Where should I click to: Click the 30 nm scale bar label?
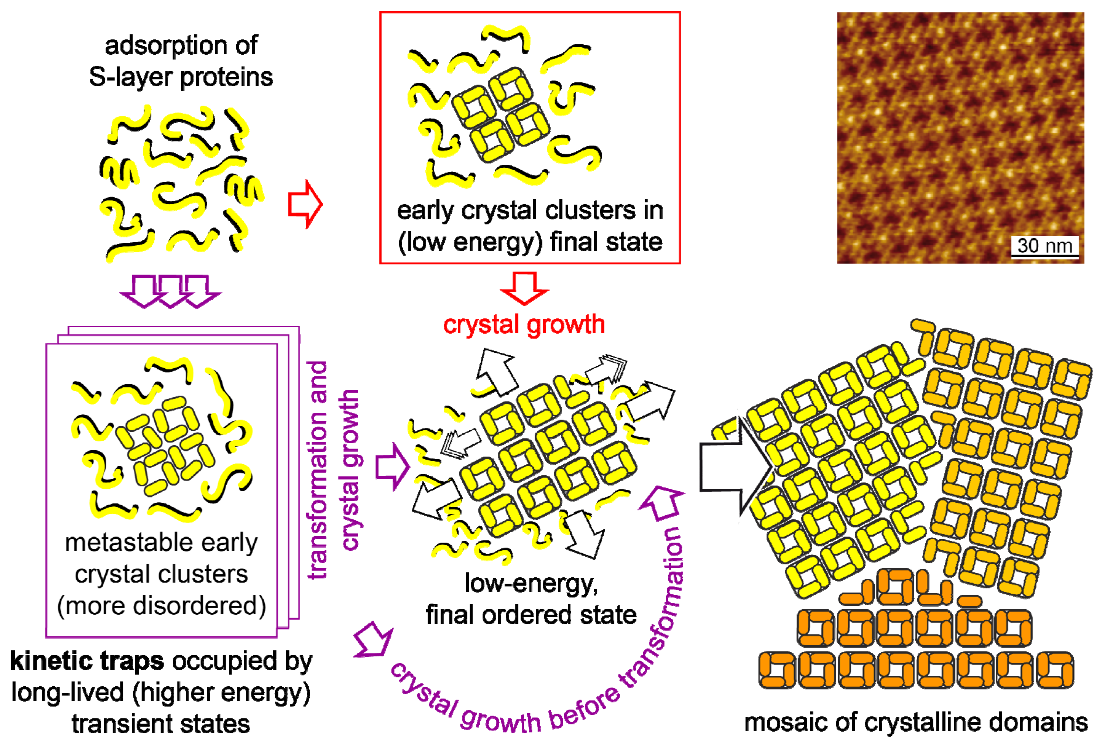(1044, 246)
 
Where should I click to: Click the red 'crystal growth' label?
(524, 325)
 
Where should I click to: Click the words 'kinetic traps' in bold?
(86, 661)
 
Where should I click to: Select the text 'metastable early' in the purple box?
(161, 543)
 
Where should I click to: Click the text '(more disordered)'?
(161, 606)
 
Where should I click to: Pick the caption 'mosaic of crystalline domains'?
(915, 723)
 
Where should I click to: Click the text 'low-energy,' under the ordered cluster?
(531, 584)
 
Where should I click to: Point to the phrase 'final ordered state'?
(531, 615)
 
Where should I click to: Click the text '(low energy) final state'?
(530, 242)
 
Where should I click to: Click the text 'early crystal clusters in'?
(530, 211)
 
